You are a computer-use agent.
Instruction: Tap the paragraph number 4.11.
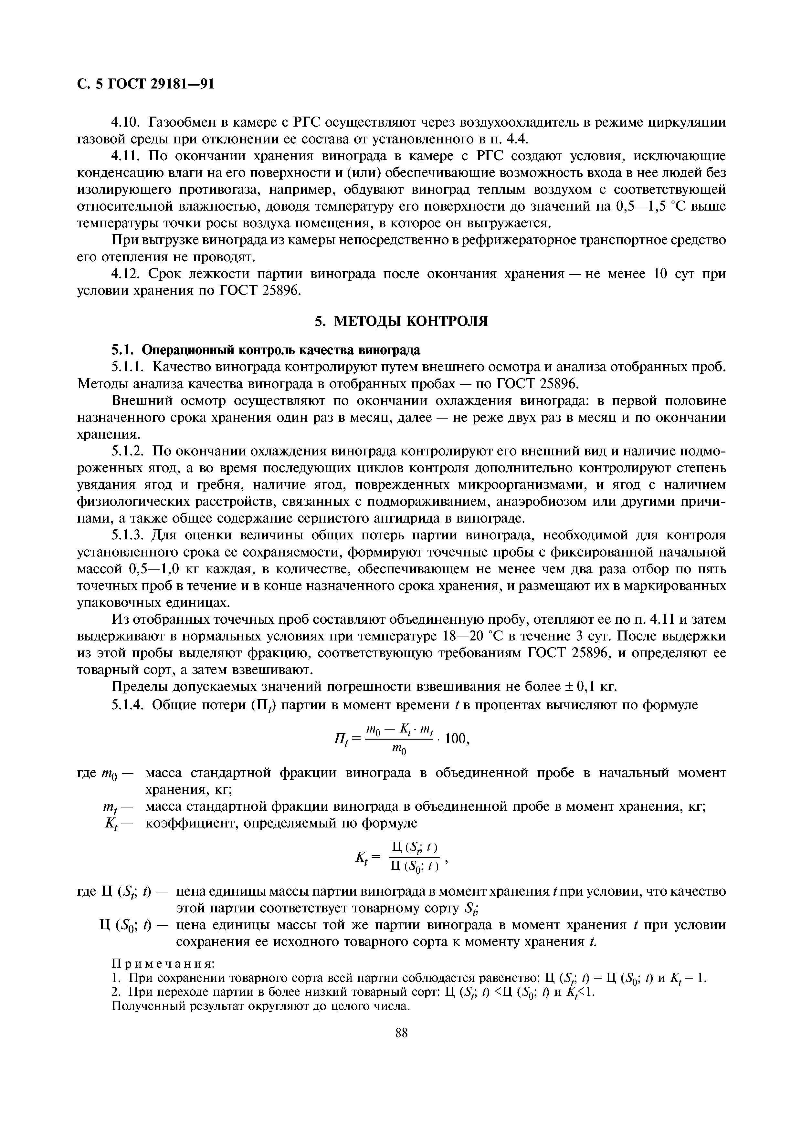click(x=126, y=156)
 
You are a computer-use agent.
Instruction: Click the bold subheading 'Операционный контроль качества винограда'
click(x=281, y=350)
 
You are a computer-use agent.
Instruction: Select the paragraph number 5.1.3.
click(x=127, y=535)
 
